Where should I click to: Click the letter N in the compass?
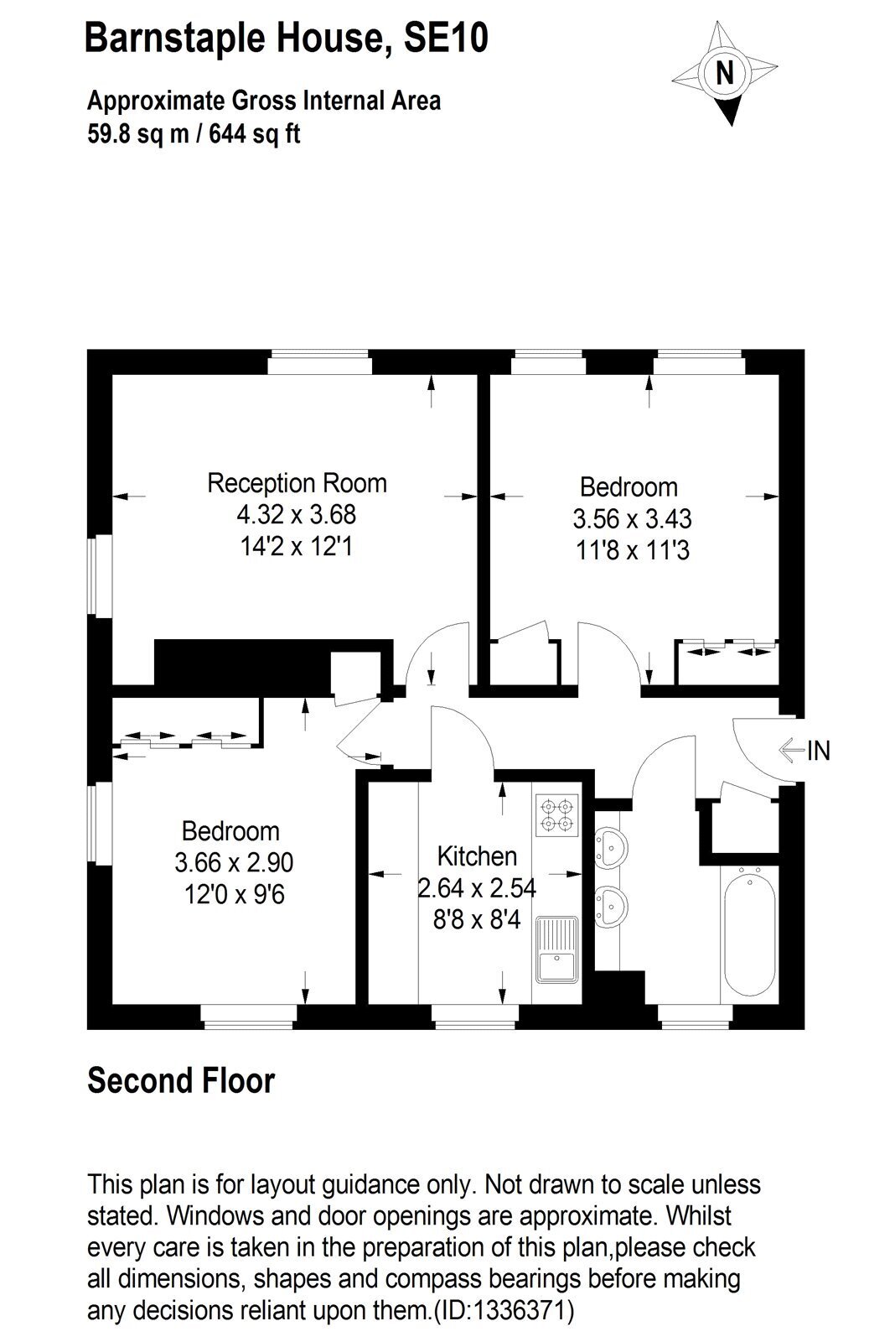(x=724, y=73)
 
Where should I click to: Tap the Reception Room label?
(x=297, y=483)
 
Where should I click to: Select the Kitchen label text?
(x=477, y=856)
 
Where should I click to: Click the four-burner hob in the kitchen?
(x=556, y=814)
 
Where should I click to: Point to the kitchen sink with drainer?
(x=556, y=949)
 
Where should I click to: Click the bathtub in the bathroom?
(x=749, y=934)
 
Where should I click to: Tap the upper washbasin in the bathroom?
(x=611, y=848)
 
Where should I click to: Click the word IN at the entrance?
(x=819, y=751)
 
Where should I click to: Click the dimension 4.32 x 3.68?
(x=297, y=515)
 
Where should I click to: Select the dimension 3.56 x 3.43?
(x=632, y=519)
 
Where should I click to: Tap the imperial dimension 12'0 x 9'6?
(x=235, y=895)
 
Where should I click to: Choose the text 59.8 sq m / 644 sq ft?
(x=194, y=133)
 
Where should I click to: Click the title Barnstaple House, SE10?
(x=286, y=38)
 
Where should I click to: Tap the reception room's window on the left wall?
(x=100, y=576)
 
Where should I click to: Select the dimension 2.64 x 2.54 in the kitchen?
(x=477, y=888)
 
